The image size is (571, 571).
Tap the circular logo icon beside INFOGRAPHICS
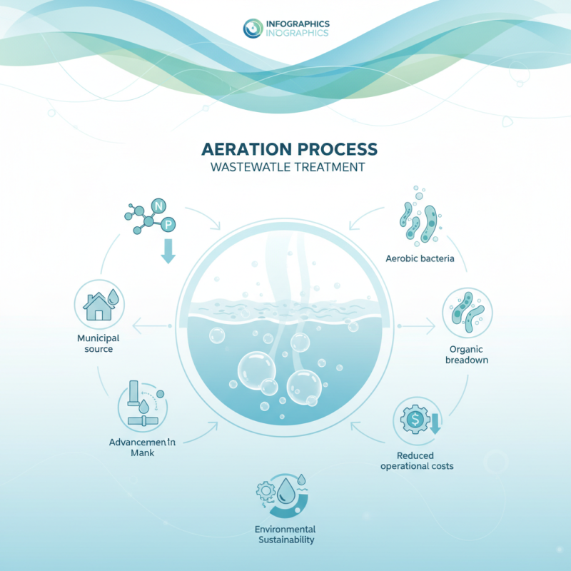(x=253, y=28)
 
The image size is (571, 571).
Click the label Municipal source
(x=99, y=343)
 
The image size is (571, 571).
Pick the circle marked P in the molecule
(x=168, y=226)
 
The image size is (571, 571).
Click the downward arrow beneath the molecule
(x=168, y=252)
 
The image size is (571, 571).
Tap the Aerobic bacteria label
(x=420, y=258)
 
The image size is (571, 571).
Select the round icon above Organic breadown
(x=467, y=312)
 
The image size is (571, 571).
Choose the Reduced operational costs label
(x=417, y=460)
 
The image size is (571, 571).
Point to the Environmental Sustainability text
(x=285, y=535)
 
